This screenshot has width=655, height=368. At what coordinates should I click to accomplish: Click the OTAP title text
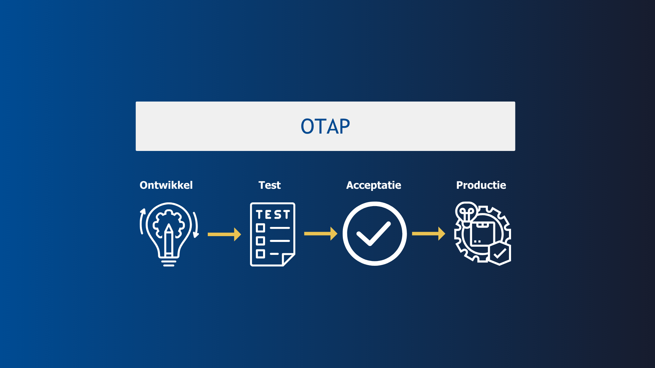325,126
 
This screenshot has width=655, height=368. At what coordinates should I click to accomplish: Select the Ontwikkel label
166,185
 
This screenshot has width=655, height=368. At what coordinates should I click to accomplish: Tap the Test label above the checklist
270,185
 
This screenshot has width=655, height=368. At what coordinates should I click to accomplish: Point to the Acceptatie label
374,185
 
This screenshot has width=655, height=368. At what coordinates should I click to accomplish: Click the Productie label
481,185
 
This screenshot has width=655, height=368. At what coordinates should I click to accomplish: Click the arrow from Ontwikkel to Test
224,234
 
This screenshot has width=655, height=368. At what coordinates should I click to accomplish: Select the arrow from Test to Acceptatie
320,233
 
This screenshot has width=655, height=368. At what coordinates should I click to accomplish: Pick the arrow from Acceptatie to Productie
428,233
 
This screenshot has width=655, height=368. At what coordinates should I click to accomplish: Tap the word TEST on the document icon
273,215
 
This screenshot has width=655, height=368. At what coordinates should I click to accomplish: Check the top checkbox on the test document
260,228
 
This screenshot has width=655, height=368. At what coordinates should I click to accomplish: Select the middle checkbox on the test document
260,241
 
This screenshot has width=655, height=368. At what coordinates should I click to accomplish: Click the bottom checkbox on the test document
260,254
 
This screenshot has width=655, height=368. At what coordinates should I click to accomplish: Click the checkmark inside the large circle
374,234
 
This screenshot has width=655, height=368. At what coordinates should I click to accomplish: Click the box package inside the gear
482,233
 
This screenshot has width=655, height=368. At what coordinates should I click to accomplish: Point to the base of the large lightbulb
169,262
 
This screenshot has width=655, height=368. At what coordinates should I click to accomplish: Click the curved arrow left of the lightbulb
142,221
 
